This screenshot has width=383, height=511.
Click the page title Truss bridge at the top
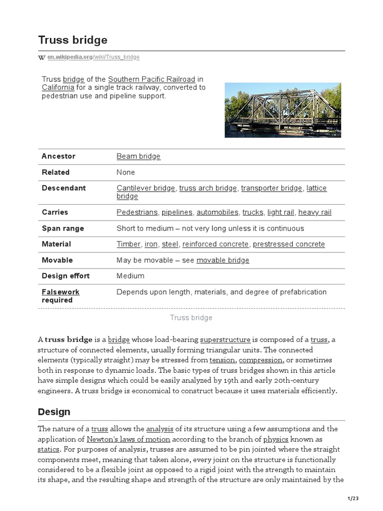pos(72,40)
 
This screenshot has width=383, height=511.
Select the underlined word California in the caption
pos(58,87)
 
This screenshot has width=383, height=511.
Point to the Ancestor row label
pos(58,156)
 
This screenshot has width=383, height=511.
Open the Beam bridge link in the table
pos(138,156)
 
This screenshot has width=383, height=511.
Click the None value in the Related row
pos(126,172)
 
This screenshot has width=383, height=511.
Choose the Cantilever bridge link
pos(146,188)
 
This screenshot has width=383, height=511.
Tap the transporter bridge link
pos(271,188)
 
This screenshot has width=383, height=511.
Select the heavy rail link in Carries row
pos(315,212)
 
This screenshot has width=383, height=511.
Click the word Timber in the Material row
pos(129,244)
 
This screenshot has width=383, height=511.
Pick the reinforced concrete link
pos(215,244)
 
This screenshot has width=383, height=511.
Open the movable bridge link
pos(222,260)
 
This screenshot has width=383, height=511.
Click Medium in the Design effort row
pos(130,276)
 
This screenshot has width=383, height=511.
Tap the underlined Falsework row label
pos(60,292)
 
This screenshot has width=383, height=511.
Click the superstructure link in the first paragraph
pos(225,340)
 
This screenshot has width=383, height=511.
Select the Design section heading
pos(54,412)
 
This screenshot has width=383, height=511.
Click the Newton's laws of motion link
pos(128,439)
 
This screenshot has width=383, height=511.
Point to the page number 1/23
pos(353,498)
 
